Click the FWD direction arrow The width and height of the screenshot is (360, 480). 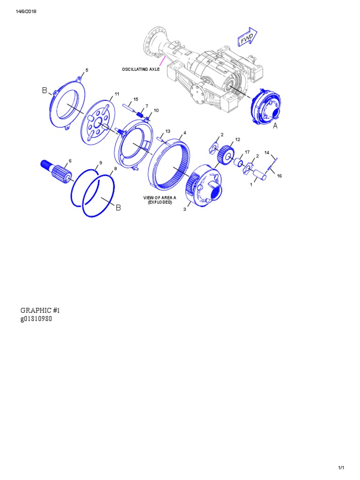(247, 39)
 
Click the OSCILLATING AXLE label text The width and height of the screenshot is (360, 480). (141, 69)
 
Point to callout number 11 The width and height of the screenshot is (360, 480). (117, 94)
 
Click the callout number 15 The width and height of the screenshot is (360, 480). (135, 99)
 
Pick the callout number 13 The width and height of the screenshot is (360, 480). (168, 131)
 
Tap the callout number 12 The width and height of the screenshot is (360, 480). (238, 140)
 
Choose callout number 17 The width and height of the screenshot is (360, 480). (247, 152)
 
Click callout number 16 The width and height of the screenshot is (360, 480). (279, 176)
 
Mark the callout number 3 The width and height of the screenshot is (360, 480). (185, 210)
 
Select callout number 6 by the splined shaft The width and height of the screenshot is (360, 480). (70, 161)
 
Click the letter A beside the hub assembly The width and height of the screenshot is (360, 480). (275, 126)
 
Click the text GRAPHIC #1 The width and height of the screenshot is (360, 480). (40, 310)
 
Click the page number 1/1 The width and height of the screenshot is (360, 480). (341, 468)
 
